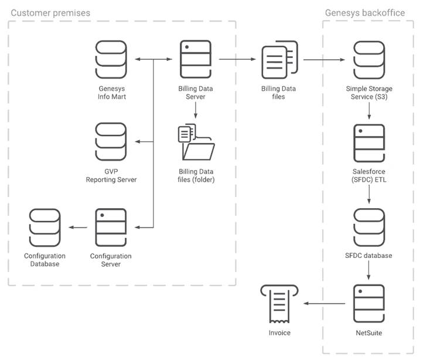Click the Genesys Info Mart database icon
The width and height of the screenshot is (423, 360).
pos(111,59)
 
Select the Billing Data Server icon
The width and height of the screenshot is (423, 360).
pos(195,59)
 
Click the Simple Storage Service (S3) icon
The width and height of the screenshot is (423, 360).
pos(369,59)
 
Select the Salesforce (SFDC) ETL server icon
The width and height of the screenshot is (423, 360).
pos(369,142)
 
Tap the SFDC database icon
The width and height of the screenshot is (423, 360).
pos(369,226)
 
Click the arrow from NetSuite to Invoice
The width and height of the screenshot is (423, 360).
pos(326,303)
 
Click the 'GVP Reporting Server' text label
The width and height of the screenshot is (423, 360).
pos(111,175)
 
